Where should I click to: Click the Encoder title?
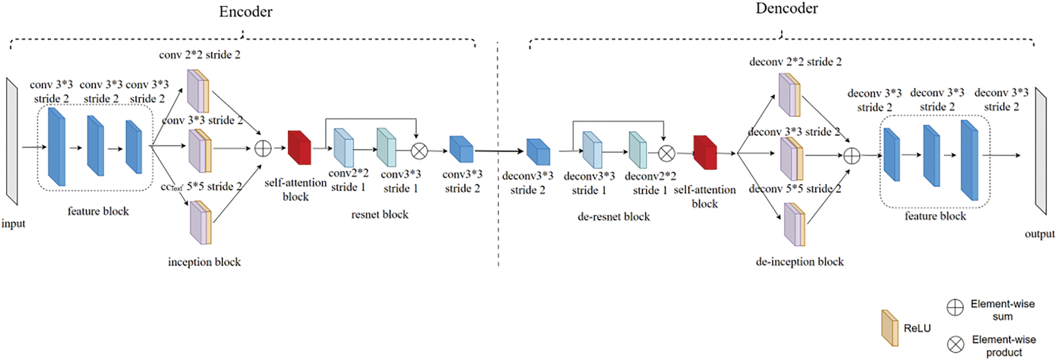tap(245, 12)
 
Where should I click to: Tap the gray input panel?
tap(12, 142)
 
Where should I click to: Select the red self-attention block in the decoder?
tap(705, 153)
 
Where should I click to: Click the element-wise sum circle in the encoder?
tap(263, 148)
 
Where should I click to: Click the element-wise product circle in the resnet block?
tap(419, 151)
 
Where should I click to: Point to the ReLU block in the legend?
tap(890, 328)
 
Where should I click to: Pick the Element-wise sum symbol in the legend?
tap(955, 308)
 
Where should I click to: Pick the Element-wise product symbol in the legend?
tap(956, 344)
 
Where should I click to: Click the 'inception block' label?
tap(204, 262)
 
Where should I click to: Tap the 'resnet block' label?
tap(379, 214)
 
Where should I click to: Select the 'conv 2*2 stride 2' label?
tap(200, 55)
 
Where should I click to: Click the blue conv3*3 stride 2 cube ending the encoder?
tap(462, 149)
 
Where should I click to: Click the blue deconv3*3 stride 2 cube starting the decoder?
tap(538, 152)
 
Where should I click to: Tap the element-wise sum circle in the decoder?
tap(851, 156)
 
